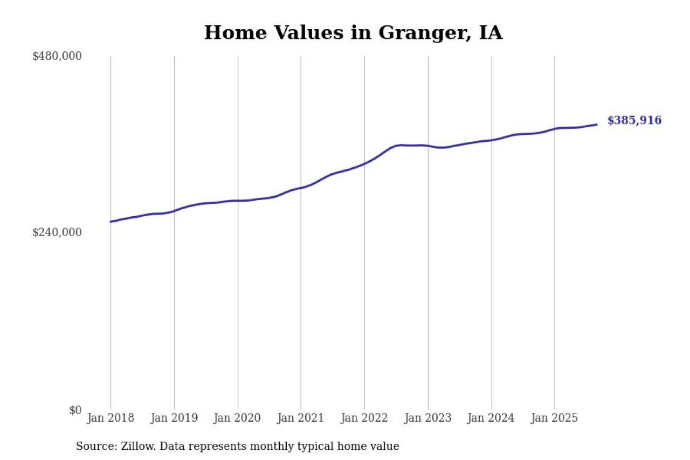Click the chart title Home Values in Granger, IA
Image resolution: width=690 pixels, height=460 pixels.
353,33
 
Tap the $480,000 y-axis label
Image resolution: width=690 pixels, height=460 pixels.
57,56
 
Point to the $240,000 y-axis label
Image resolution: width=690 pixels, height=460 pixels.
57,232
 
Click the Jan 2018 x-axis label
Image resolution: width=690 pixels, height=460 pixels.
111,418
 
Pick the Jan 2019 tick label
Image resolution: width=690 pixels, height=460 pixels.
174,418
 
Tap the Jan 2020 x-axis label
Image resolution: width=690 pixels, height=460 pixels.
238,418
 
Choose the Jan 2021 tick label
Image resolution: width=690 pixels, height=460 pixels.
301,418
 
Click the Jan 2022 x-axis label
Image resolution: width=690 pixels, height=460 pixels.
364,418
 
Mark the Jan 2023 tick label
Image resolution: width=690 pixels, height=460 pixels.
428,418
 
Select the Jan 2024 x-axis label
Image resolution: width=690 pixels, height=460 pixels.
491,418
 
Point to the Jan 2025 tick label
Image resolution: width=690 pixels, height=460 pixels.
555,418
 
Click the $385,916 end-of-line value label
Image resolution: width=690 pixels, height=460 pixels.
634,121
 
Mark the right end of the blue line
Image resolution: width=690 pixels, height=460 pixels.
596,125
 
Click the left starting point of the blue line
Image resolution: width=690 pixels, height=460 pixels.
111,222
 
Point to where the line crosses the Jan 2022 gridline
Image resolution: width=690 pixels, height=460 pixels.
364,163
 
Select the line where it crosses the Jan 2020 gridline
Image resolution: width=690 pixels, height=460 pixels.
238,201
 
